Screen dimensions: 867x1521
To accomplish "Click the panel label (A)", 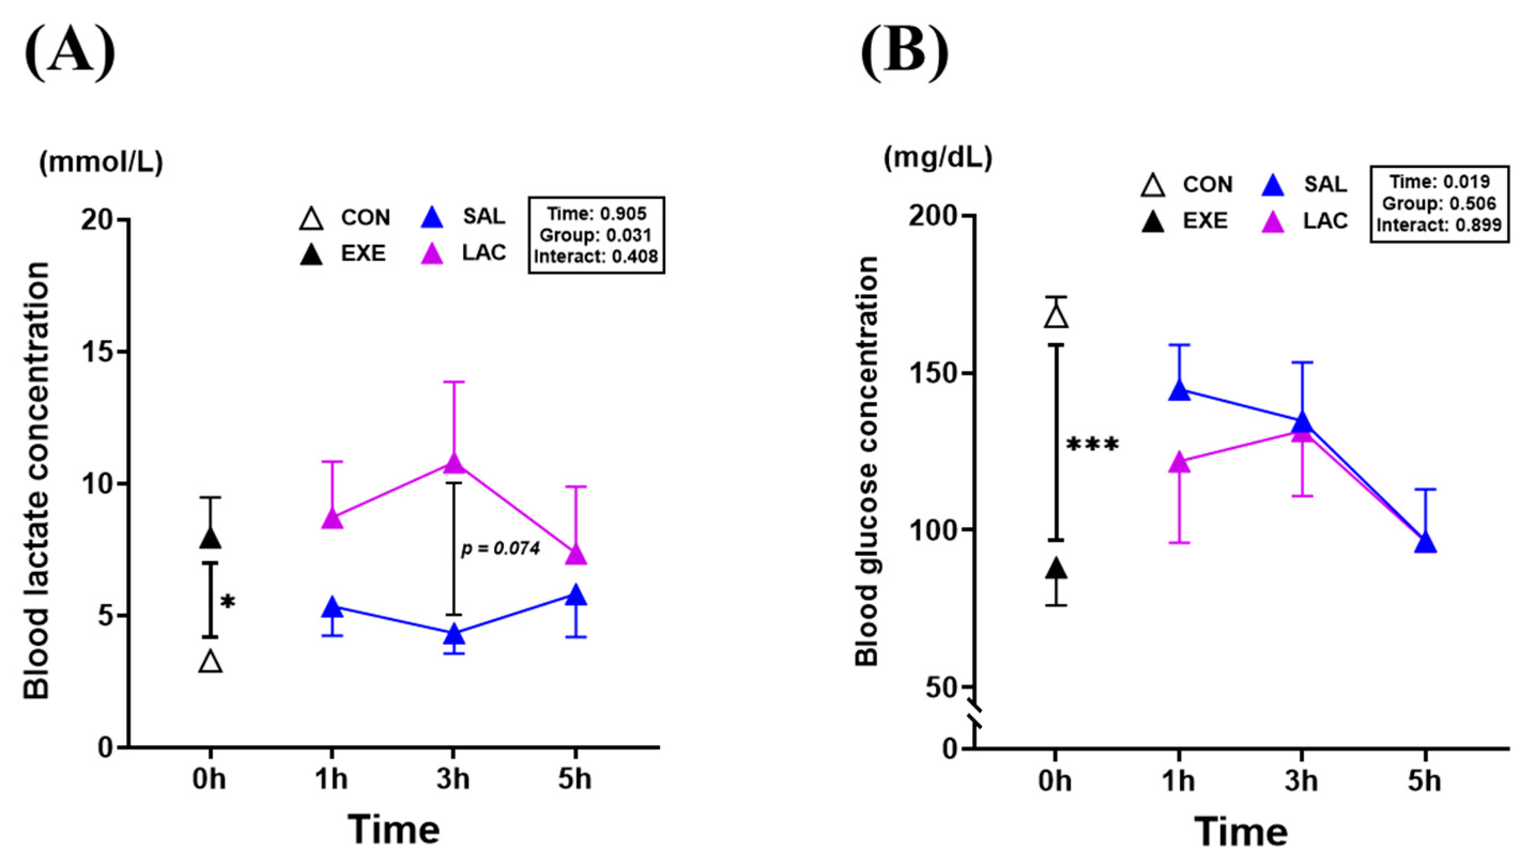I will (x=70, y=53).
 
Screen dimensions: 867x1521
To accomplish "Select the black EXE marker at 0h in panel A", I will (x=210, y=538).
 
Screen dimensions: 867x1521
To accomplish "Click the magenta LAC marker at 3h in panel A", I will (x=454, y=462).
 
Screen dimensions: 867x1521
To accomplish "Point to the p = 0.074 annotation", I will (x=501, y=548).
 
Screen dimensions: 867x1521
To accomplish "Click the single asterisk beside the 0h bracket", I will (x=228, y=602).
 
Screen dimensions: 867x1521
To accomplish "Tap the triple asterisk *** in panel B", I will (x=1092, y=445).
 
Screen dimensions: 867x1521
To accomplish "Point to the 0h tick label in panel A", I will (x=209, y=779).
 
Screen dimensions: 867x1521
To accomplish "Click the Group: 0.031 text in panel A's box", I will (x=596, y=235).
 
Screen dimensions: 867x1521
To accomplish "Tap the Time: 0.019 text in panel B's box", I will (x=1439, y=182).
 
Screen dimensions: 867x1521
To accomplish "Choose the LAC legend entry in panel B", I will (x=1305, y=221).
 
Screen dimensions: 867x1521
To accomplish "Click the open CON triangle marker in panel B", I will (x=1056, y=317).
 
